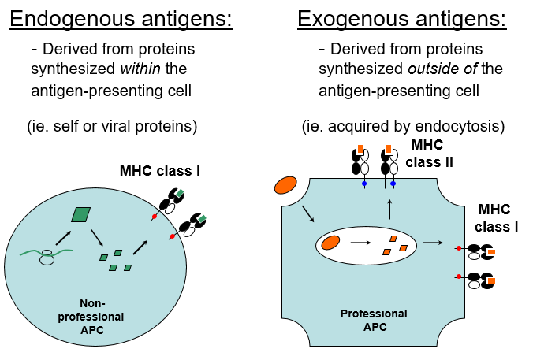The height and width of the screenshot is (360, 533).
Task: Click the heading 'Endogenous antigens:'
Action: point(121,18)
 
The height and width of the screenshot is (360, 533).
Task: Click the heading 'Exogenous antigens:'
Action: point(401,18)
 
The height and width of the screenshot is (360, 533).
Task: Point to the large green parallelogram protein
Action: point(80,214)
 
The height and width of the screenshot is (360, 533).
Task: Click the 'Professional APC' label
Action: point(374,321)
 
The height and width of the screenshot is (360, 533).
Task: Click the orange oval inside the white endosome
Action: point(331,243)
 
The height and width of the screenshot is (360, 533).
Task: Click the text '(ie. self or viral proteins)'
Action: point(112,125)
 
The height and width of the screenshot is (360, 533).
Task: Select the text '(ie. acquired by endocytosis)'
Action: point(403,125)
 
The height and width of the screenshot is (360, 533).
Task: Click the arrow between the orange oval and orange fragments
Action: point(360,243)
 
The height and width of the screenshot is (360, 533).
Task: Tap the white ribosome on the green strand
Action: point(47,256)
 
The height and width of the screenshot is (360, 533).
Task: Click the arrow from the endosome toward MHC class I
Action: point(432,243)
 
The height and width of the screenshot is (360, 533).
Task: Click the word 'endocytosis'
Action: point(461,125)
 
